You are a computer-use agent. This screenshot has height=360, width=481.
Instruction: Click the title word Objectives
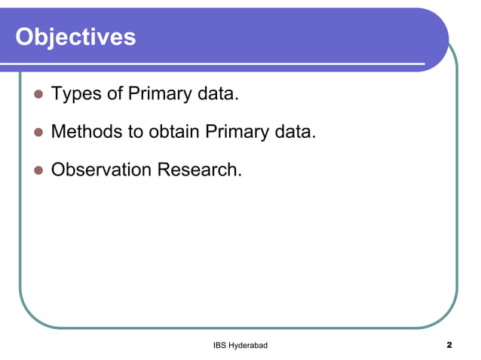click(x=75, y=36)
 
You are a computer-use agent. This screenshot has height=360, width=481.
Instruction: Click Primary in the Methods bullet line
click(x=237, y=133)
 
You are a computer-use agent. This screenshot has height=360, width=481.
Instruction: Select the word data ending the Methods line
click(x=295, y=133)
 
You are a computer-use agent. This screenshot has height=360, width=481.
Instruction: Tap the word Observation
click(x=101, y=170)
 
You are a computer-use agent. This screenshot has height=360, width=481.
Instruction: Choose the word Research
click(x=198, y=170)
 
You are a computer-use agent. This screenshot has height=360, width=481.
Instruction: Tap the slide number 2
click(x=449, y=345)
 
